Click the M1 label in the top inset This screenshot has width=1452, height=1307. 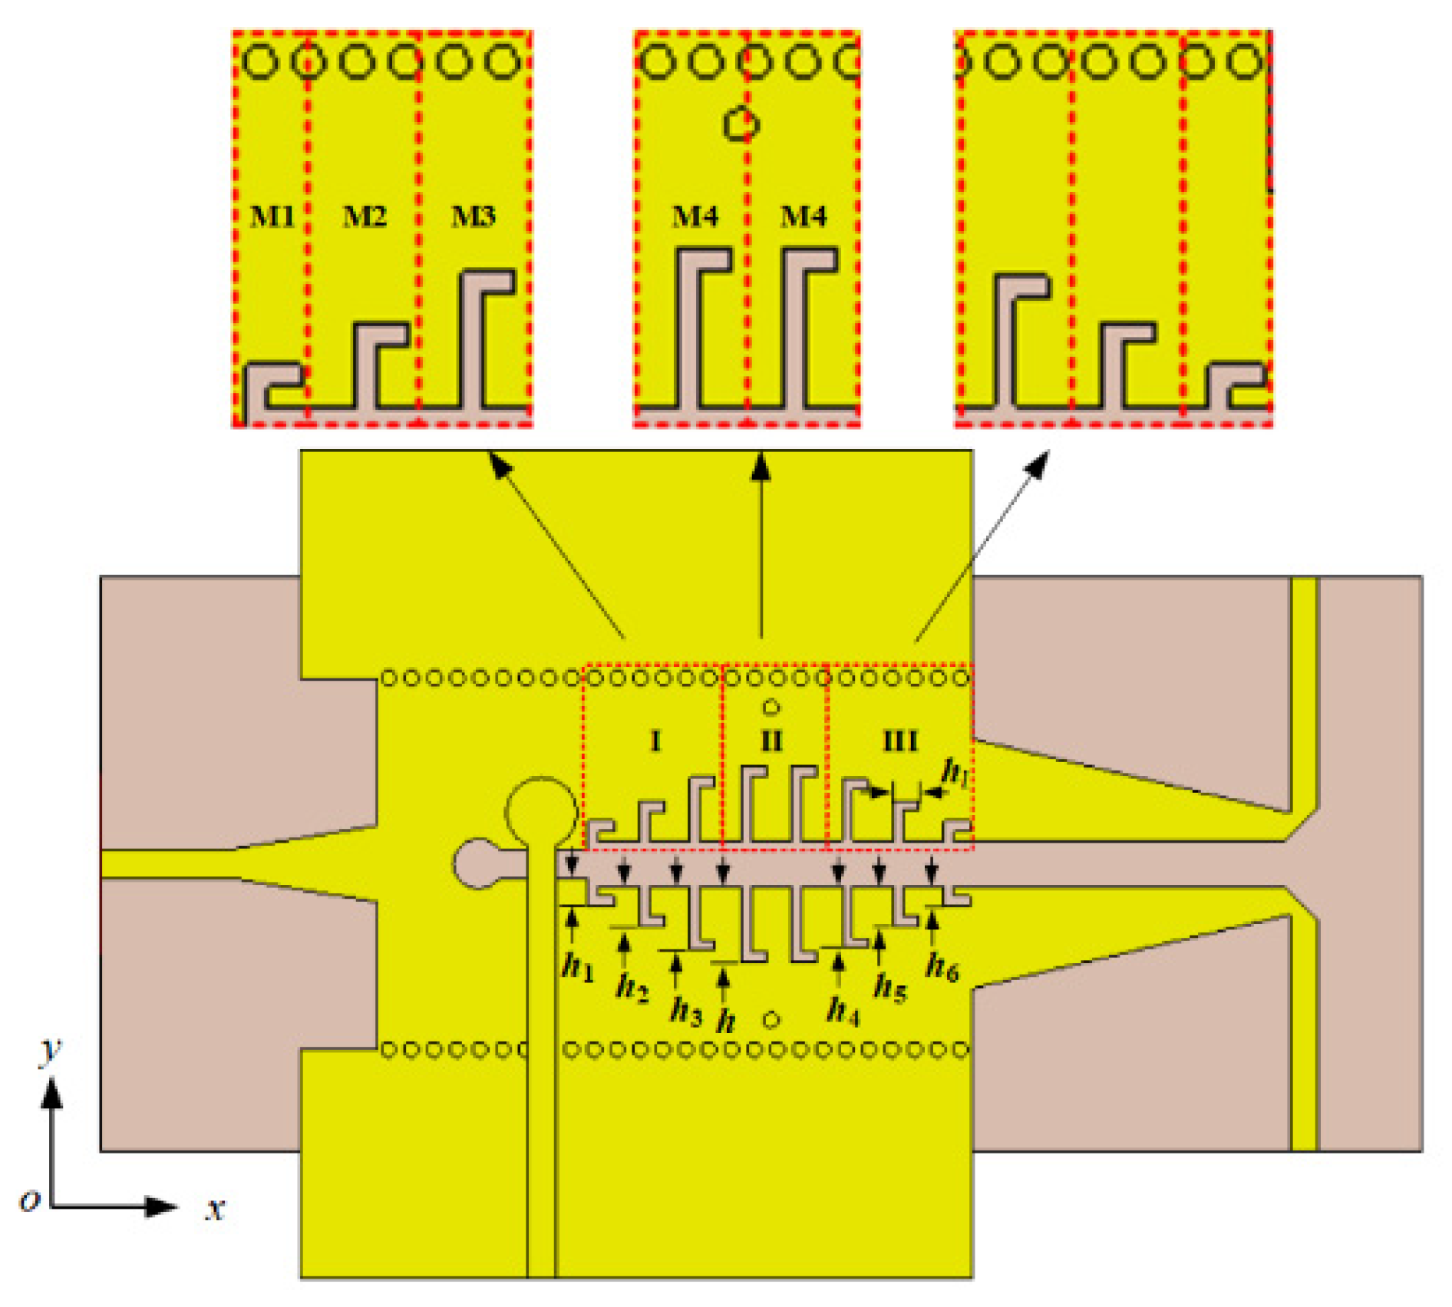point(272,217)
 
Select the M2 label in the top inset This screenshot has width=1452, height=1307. point(364,217)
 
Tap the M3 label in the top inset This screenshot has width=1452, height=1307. point(473,217)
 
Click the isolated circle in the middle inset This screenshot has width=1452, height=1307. point(741,124)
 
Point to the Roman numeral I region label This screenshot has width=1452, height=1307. point(655,741)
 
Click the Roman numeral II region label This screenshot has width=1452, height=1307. point(771,741)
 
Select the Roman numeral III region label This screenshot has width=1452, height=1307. point(900,741)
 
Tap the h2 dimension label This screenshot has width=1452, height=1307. point(632,987)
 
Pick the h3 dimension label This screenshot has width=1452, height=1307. point(685,1011)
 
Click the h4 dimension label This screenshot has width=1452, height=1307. point(843,1010)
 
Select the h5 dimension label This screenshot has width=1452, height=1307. point(890,987)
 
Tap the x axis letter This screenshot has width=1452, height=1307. point(216,1209)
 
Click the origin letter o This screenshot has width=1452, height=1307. point(29,1200)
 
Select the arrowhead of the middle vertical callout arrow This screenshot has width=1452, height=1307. point(761,467)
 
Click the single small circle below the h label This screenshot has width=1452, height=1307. point(771,1020)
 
